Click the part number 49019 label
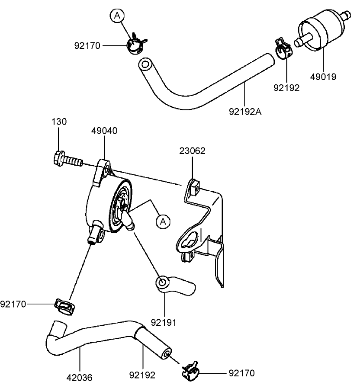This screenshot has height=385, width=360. [x=323, y=77]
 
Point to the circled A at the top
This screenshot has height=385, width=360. [x=117, y=16]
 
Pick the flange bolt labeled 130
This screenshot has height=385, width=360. [x=68, y=160]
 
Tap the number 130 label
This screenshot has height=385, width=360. [x=59, y=122]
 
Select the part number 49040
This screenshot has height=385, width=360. [x=104, y=131]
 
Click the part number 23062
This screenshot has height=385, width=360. [x=193, y=151]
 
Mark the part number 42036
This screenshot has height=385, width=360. [x=79, y=378]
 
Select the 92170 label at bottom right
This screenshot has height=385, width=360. [x=241, y=372]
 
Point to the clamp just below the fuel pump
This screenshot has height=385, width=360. [x=66, y=306]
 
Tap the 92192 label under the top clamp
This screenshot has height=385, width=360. [x=286, y=87]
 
